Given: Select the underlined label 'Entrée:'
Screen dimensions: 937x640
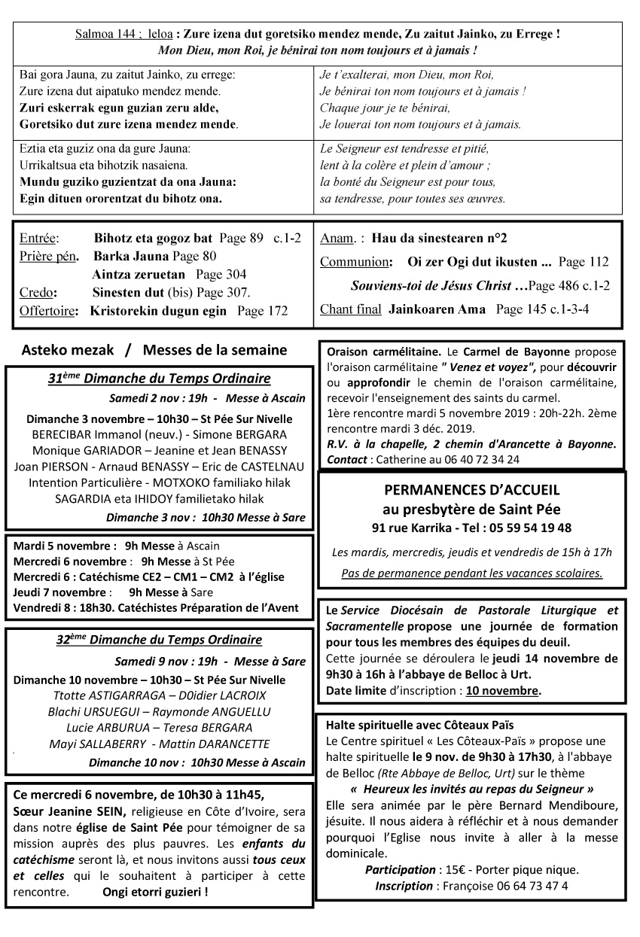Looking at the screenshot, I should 38,239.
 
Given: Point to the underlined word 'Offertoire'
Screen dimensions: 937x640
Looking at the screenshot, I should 46,310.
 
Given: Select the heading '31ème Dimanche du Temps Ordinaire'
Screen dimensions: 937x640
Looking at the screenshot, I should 159,379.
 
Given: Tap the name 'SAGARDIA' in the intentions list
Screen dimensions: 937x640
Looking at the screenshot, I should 81,498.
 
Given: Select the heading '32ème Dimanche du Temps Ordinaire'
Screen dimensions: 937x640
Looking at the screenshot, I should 159,640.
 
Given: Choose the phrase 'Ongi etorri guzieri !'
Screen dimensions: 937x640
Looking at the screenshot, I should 155,892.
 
